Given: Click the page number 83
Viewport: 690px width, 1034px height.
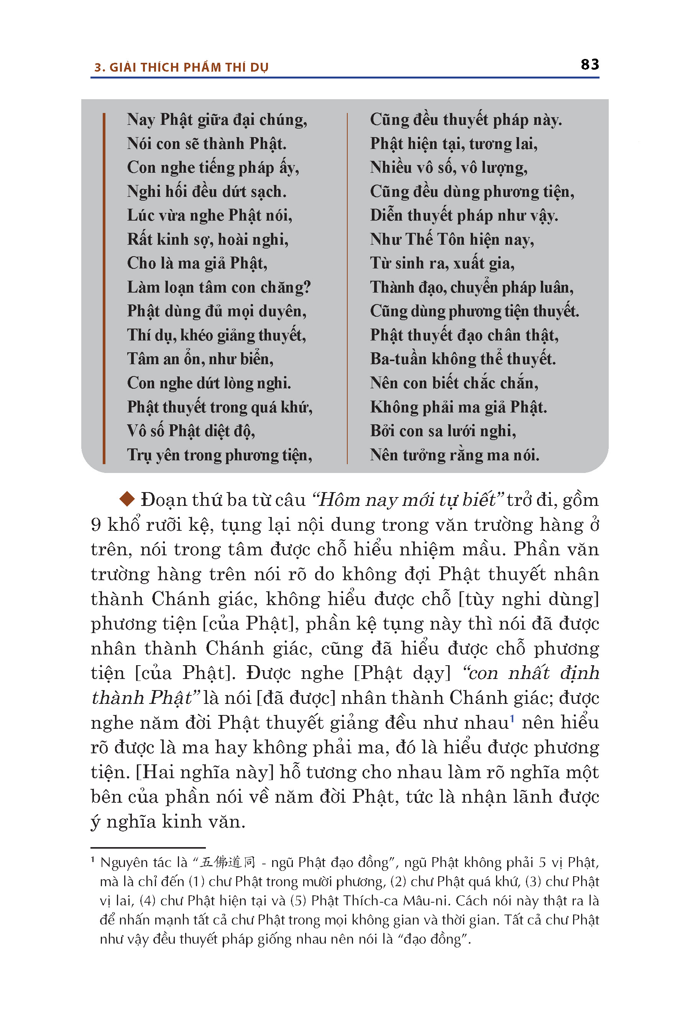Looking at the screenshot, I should click(x=590, y=65).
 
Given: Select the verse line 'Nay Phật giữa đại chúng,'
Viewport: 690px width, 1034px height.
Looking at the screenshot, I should click(x=217, y=119).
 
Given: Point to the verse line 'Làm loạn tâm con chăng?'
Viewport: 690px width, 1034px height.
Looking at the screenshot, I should click(x=219, y=287).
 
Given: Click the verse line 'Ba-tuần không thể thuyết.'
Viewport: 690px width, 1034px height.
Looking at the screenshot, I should click(x=463, y=359).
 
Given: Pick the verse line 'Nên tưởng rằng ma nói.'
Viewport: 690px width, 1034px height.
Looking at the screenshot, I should click(x=454, y=455).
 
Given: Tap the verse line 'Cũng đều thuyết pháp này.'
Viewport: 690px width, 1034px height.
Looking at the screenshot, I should click(x=466, y=119).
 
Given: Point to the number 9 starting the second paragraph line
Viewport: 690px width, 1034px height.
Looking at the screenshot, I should click(x=95, y=525).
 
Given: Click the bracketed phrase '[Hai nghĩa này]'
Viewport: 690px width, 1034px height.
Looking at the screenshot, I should click(x=205, y=772).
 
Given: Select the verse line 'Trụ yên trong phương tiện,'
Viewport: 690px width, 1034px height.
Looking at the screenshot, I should click(x=220, y=455).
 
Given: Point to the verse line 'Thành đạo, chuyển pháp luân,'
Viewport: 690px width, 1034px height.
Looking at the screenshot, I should click(x=471, y=287).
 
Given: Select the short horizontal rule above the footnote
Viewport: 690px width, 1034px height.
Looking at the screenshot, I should click(x=148, y=847).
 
